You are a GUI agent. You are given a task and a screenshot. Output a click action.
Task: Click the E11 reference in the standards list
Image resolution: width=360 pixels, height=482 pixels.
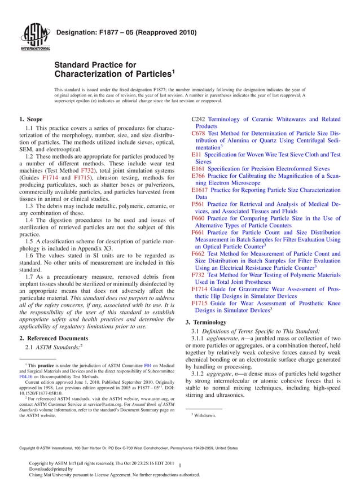pos(196,154)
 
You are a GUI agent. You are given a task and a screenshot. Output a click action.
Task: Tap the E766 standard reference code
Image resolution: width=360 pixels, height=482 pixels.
pos(198,176)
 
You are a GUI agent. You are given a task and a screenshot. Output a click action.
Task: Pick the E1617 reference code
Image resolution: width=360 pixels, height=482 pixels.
pos(200,190)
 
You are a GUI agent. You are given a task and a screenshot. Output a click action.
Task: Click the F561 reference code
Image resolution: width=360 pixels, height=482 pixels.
pos(197,204)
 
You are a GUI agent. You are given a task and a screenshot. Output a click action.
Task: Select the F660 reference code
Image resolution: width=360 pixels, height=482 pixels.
pos(197,218)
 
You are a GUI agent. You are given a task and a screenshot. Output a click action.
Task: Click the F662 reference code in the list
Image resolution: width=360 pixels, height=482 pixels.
pos(197,254)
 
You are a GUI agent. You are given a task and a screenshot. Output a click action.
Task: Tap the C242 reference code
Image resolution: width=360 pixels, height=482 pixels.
pos(198,120)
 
